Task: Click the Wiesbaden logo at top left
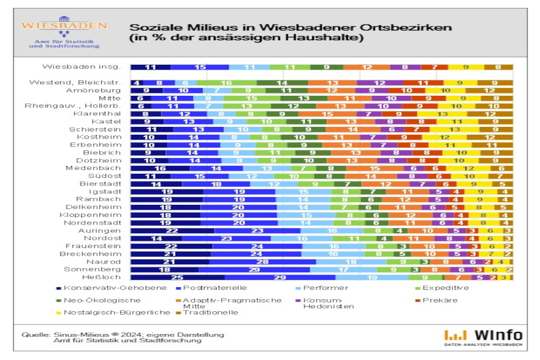pos(64,34)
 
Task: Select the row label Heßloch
pos(104,277)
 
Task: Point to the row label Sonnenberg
pos(92,269)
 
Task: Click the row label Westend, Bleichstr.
pos(75,83)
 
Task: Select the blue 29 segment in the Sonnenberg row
pos(254,269)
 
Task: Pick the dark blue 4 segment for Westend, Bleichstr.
pos(137,83)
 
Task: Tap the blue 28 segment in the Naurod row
pos(256,261)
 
